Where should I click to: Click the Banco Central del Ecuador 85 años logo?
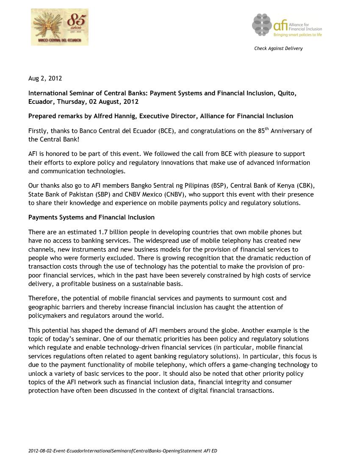click(60, 27)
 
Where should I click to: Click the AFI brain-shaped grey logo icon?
click(262, 25)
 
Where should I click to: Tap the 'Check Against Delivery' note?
click(278, 48)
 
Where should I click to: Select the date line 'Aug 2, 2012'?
click(45, 78)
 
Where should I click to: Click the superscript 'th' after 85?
click(267, 129)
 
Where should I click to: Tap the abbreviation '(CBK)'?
click(306, 186)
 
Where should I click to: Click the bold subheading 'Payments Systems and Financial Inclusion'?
click(91, 217)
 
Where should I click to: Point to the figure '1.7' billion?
click(103, 232)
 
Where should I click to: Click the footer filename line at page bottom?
click(122, 451)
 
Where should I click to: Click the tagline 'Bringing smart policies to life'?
click(297, 35)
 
